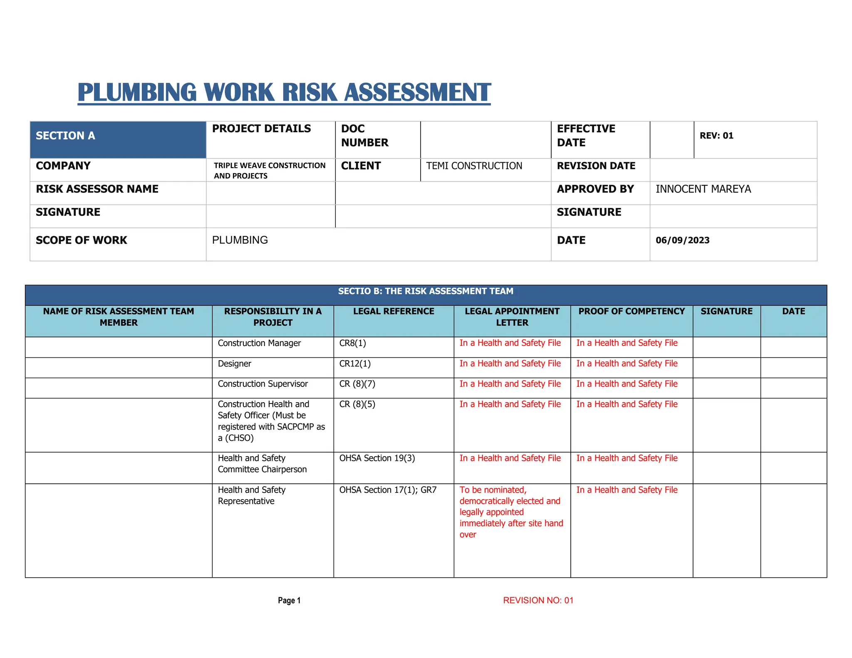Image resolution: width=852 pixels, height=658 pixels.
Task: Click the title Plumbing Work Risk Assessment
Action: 284,92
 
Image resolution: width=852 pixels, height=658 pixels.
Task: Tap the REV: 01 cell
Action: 716,136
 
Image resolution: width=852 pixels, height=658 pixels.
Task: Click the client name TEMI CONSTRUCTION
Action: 474,166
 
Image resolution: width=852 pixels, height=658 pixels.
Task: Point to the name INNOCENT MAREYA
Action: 703,189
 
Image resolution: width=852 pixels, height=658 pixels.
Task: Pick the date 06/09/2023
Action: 682,240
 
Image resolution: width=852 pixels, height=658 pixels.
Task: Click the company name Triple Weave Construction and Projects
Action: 270,171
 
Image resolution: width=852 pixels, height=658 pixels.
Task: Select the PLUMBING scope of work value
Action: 240,240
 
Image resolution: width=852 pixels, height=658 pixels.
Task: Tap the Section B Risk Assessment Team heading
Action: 426,291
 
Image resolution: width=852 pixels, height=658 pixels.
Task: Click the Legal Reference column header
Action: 394,312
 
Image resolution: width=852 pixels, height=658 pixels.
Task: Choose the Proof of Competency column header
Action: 631,312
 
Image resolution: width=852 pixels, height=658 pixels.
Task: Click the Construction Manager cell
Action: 259,343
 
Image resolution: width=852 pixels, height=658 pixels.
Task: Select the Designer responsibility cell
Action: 234,364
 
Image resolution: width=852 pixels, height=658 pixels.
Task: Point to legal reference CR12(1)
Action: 355,364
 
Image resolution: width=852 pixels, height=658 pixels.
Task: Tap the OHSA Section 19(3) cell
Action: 377,458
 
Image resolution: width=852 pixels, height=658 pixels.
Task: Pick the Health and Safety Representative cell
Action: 251,495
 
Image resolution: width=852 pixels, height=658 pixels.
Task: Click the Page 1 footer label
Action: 289,600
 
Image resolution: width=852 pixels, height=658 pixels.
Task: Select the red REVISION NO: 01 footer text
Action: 538,600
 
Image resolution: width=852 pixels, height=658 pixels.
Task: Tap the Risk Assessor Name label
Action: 97,189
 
